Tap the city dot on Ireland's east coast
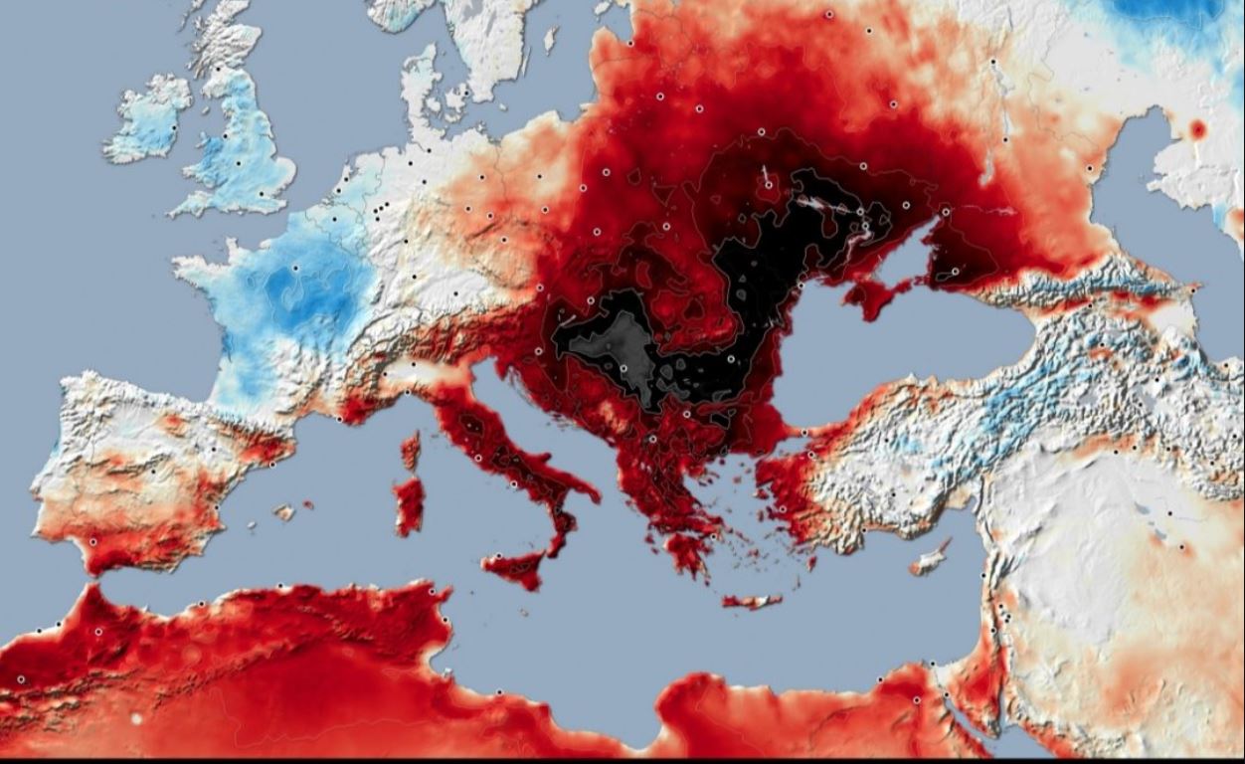tap(174, 126)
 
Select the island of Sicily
tap(516, 567)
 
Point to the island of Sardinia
tap(408, 504)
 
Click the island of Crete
tap(752, 601)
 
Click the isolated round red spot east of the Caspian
tap(1197, 129)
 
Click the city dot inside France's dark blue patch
tap(295, 268)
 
